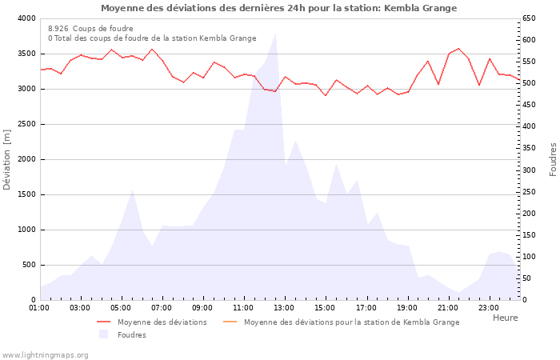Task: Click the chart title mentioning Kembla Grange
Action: tap(278, 8)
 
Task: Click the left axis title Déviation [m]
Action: tap(7, 159)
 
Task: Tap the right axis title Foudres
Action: tap(553, 159)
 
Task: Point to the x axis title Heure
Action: tap(505, 318)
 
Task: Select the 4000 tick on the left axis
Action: tap(26, 18)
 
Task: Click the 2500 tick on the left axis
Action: tap(26, 124)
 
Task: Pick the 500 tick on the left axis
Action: tap(29, 265)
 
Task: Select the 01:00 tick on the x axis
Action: tap(39, 307)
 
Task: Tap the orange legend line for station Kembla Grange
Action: tap(230, 322)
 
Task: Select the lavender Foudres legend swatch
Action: tap(103, 334)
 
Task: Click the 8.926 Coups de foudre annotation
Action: tap(90, 28)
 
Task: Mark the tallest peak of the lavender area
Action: tap(276, 34)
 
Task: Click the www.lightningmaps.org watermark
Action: tap(45, 354)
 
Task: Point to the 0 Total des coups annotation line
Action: tap(152, 38)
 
